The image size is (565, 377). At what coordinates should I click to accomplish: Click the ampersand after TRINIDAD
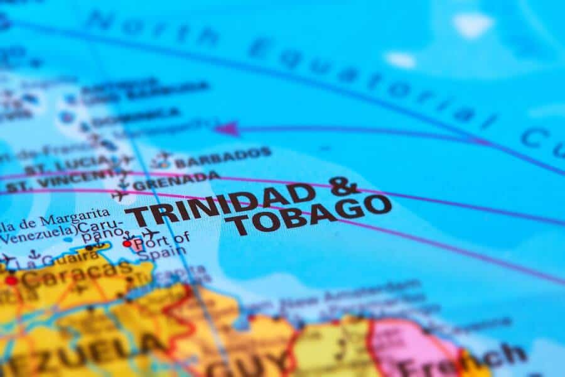pos(345,187)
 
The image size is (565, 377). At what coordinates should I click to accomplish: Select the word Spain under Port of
pos(161,253)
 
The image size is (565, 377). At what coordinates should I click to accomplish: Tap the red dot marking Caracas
pos(11,280)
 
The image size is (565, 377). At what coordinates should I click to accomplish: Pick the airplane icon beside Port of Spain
pos(149,234)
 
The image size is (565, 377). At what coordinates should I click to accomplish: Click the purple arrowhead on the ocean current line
pos(227,129)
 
